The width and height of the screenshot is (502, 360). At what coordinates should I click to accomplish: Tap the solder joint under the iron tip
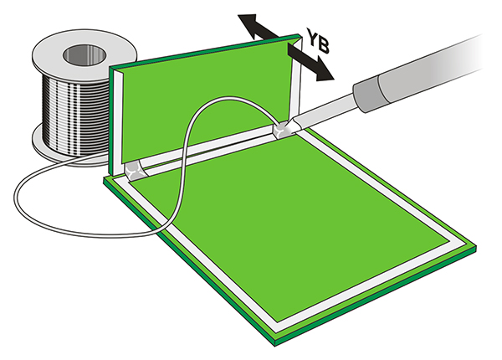[283, 131]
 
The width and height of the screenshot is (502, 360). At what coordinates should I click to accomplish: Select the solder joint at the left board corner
[134, 172]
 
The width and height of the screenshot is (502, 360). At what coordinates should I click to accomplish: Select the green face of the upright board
[209, 92]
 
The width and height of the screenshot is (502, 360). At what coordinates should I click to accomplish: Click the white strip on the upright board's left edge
[119, 117]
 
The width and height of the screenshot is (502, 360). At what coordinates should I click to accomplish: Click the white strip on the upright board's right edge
[297, 84]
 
